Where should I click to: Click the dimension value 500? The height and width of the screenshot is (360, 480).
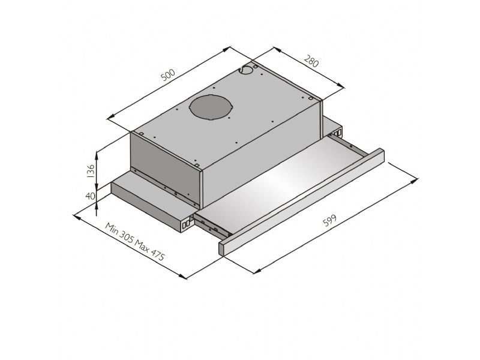coord(168,76)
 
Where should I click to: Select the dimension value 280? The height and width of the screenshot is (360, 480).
coord(311,61)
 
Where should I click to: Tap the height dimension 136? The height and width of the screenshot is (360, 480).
coord(91,171)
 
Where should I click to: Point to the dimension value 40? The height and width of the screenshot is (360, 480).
coord(91,196)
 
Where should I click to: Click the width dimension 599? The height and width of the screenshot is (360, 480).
coord(329,220)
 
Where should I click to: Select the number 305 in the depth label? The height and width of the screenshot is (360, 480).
coord(126,236)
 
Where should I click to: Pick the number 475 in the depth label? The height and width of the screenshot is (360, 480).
coord(157,254)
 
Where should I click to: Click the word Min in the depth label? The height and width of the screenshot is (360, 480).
coord(112,228)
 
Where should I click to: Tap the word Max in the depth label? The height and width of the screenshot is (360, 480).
coord(142,245)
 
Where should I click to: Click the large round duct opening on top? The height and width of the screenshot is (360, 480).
coord(211,107)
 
